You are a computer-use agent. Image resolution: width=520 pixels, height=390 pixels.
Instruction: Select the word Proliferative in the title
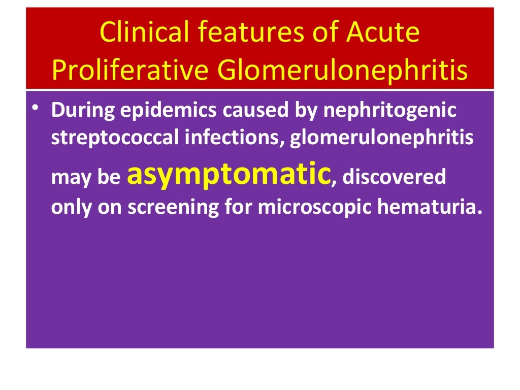pos(130,71)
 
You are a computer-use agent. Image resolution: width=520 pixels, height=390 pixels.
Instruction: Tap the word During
pos(82,111)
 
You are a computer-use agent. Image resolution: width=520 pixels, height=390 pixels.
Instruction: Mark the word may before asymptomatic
pos(68,178)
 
